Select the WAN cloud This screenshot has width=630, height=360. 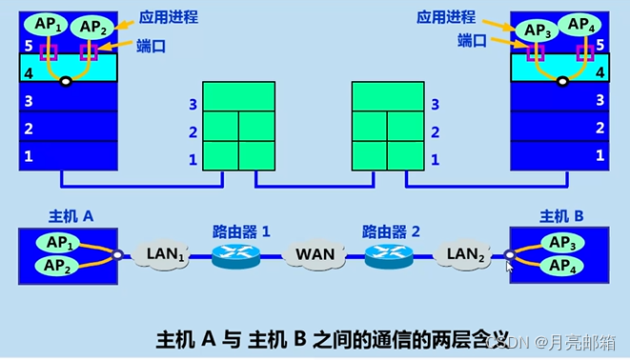pos(315,255)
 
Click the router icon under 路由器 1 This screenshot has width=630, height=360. pos(234,255)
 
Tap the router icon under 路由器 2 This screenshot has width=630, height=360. pos(389,255)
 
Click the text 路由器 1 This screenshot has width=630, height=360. pos(241,231)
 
